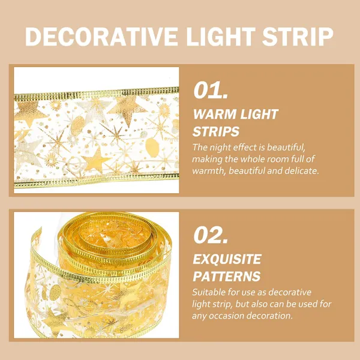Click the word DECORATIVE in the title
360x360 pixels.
(101, 37)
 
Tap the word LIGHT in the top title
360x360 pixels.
(221, 37)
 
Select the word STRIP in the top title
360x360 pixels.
(298, 37)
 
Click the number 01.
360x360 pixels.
(211, 90)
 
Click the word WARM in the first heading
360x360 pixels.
(211, 114)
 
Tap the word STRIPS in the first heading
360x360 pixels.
(216, 131)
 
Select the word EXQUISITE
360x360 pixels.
(227, 259)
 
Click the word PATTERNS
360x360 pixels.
(227, 276)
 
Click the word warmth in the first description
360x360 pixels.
(209, 171)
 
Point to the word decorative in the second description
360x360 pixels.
(290, 292)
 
